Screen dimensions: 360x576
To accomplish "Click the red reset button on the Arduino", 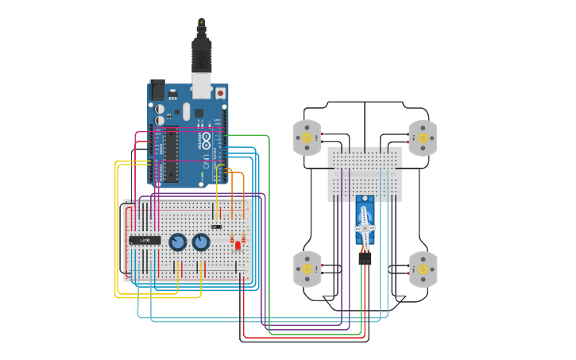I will coord(220,93).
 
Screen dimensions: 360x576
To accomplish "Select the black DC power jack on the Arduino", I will coord(157,88).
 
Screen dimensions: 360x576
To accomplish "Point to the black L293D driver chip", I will coord(145,239).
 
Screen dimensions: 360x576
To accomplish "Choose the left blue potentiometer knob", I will coord(178,242).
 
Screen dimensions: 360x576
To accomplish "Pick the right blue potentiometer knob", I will coord(202,242).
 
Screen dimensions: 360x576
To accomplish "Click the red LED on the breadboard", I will coord(238,246).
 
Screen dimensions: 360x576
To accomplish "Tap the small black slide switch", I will coord(216,226).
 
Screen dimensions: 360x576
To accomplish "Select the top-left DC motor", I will coord(307,137).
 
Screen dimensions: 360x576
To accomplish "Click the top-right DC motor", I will coord(423,137).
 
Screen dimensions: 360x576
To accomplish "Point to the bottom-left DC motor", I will coord(307,269).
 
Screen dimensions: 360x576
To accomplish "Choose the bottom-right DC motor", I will coord(423,269).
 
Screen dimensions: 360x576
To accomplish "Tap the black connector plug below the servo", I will coord(365,258).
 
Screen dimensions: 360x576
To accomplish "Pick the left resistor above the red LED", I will coord(232,238).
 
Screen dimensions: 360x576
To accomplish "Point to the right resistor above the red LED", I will coord(243,238).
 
